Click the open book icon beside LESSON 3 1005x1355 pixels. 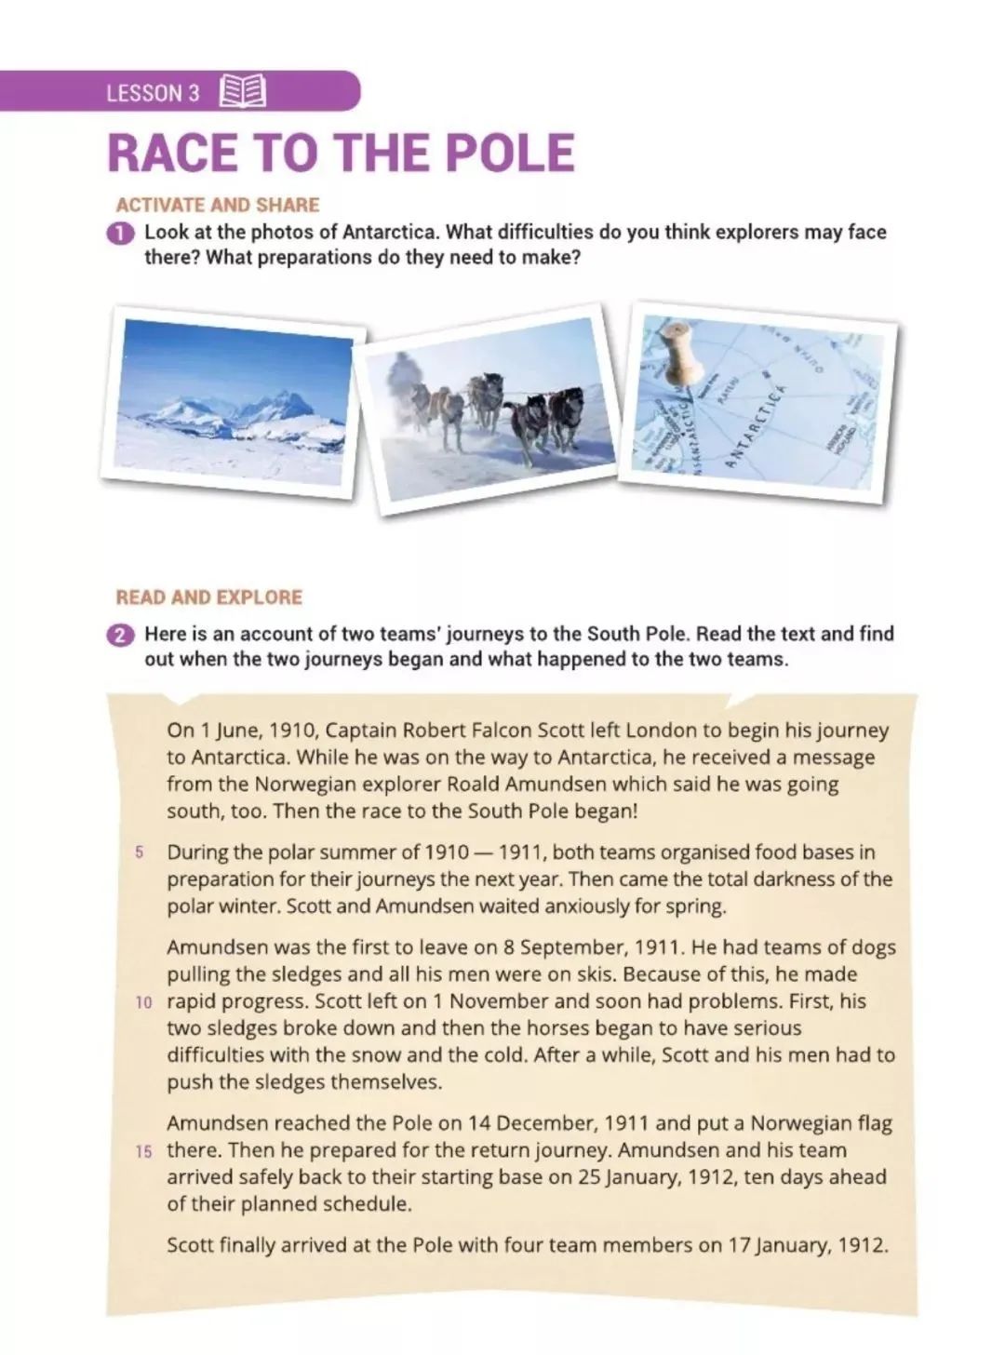(243, 92)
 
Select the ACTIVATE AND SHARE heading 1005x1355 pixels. (217, 205)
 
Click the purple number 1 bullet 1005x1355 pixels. (120, 233)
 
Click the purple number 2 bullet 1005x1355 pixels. (120, 636)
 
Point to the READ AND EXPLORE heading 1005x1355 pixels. (209, 597)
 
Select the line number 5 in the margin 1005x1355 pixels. (141, 852)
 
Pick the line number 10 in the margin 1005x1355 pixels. (142, 1002)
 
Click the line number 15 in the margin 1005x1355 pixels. (142, 1151)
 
